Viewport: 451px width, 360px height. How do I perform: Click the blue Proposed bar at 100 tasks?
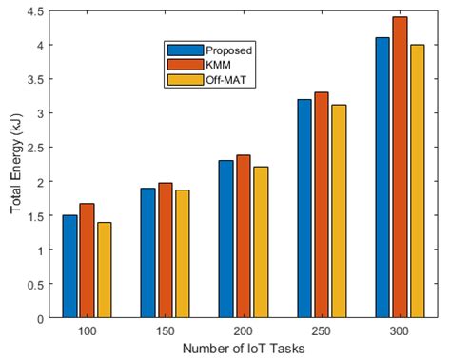click(69, 267)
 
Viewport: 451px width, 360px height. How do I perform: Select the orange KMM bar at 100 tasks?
click(87, 261)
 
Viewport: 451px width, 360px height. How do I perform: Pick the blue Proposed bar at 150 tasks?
click(147, 253)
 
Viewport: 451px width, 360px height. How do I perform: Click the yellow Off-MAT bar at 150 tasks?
click(182, 254)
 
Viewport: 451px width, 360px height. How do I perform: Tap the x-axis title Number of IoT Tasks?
click(243, 348)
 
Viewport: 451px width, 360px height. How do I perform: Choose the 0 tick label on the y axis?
click(41, 318)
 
